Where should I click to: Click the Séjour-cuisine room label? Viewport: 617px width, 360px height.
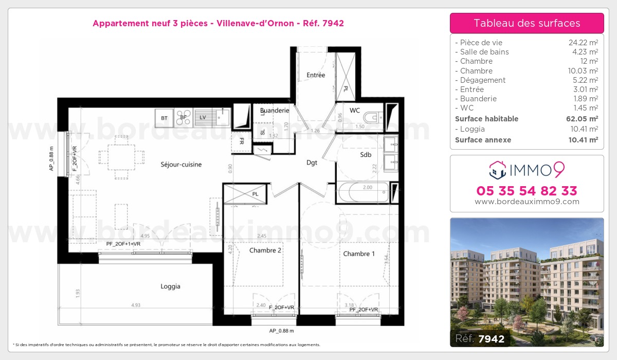pyautogui.click(x=181, y=165)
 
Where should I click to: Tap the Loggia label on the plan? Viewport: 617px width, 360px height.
pyautogui.click(x=170, y=286)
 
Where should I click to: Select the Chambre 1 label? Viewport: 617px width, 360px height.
pyautogui.click(x=359, y=254)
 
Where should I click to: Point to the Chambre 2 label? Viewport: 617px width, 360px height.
pyautogui.click(x=265, y=250)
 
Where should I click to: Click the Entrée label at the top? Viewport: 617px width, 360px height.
pyautogui.click(x=316, y=75)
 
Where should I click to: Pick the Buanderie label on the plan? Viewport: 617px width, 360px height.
pyautogui.click(x=275, y=110)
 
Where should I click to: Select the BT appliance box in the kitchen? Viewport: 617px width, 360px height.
pyautogui.click(x=164, y=118)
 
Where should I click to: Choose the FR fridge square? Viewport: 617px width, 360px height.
pyautogui.click(x=242, y=142)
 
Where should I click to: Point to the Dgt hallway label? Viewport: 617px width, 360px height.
pyautogui.click(x=312, y=163)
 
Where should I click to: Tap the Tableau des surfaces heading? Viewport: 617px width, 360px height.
pyautogui.click(x=527, y=23)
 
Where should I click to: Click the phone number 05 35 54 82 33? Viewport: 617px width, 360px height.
pyautogui.click(x=527, y=191)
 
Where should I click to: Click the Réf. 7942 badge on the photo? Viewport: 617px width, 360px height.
pyautogui.click(x=480, y=338)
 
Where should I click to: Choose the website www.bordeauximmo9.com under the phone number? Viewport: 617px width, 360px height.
pyautogui.click(x=527, y=202)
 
